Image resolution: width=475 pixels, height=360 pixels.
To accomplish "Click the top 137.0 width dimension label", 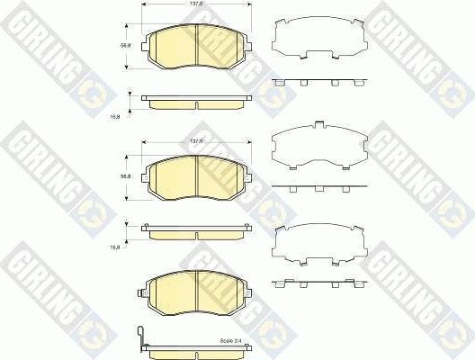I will pos(196,4).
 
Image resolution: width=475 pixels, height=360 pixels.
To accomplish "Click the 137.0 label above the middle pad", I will pos(196,140).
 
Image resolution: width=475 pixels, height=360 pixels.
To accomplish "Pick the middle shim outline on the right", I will pos(318,144).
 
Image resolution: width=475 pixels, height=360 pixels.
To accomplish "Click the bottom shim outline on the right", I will pos(318,240).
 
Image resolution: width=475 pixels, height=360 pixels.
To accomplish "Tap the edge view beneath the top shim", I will pos(318,82).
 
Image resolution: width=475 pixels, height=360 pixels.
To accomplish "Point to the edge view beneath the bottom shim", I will pos(318,284).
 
